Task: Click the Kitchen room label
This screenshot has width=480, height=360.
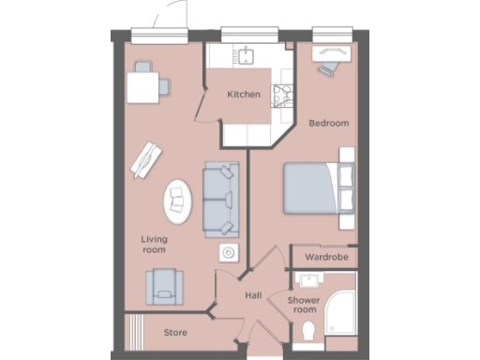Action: [243, 95]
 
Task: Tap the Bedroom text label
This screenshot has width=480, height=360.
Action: [329, 123]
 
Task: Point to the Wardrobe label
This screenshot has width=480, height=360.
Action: [326, 256]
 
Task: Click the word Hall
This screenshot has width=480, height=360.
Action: [253, 295]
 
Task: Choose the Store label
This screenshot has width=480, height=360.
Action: [175, 332]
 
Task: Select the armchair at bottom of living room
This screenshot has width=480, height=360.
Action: [164, 285]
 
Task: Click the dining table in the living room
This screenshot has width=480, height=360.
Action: [143, 87]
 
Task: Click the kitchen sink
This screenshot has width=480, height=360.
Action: [247, 55]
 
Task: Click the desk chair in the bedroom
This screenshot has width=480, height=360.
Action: [328, 68]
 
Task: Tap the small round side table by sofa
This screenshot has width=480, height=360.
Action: [228, 252]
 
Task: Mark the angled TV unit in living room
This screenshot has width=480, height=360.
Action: [147, 159]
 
